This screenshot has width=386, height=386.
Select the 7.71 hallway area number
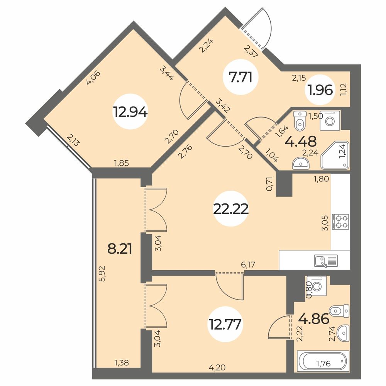(x=240, y=78)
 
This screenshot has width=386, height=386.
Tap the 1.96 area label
(x=320, y=90)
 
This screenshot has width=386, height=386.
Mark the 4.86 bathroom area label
(x=313, y=319)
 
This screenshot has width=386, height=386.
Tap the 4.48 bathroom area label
(x=300, y=141)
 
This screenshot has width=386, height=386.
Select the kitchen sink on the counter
(x=326, y=261)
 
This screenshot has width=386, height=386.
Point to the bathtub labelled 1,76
(x=323, y=362)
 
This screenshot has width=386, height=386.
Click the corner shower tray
(x=335, y=155)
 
